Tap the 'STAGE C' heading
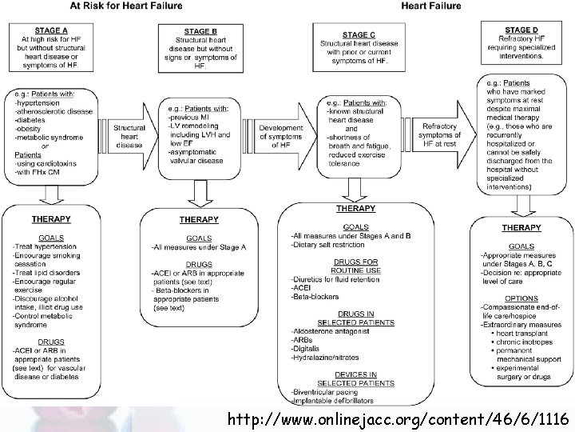359,34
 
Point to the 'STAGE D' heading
521,30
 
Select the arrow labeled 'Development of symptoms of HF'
284,133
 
